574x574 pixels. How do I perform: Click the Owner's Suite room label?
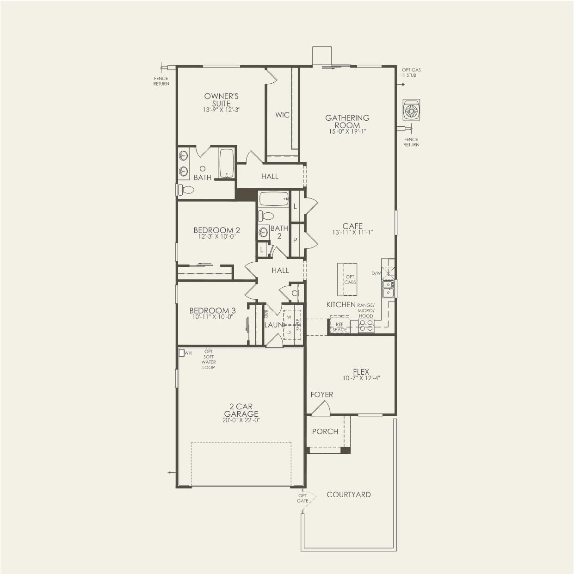pos(221,100)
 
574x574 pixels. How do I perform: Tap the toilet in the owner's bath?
pos(186,190)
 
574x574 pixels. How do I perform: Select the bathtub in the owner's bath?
pos(227,164)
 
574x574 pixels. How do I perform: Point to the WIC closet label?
pos(282,115)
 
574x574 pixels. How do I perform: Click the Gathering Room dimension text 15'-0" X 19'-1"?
pos(347,131)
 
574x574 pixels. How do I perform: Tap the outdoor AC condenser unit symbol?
pos(411,110)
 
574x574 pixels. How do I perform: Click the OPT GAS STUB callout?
pos(411,72)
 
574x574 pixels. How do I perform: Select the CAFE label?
pos(352,226)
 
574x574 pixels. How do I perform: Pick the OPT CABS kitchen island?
pos(347,279)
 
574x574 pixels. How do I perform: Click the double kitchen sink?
pos(388,289)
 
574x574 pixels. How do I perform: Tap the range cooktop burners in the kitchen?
pos(366,325)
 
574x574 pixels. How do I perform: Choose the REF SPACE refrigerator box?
pos(339,326)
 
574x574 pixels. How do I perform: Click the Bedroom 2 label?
pos(216,230)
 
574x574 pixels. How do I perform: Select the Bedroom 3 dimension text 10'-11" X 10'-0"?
pos(212,317)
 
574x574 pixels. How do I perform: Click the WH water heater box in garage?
pos(181,353)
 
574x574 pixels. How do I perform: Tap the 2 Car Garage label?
pos(241,410)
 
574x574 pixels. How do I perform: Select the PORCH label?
pos(325,432)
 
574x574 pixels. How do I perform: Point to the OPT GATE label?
pos(302,498)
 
